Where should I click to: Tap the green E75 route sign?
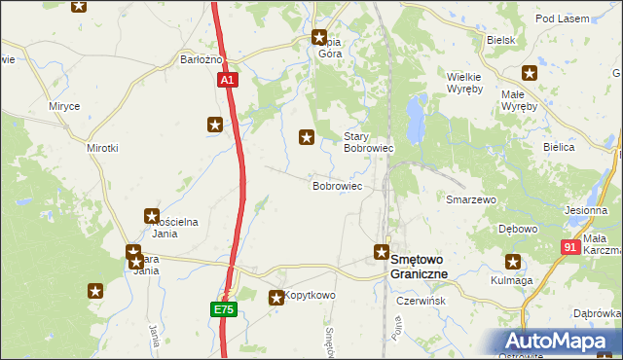coord(224,309)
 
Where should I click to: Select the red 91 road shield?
coord(570,248)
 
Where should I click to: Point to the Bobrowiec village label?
coord(337,185)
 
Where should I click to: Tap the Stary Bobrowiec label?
coord(368,143)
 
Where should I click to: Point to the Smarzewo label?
coord(471,199)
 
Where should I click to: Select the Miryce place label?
coord(64,105)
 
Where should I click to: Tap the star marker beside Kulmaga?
coord(512,261)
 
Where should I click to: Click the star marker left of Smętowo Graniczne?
coord(382,253)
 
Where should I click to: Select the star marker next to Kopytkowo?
coord(276,298)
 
